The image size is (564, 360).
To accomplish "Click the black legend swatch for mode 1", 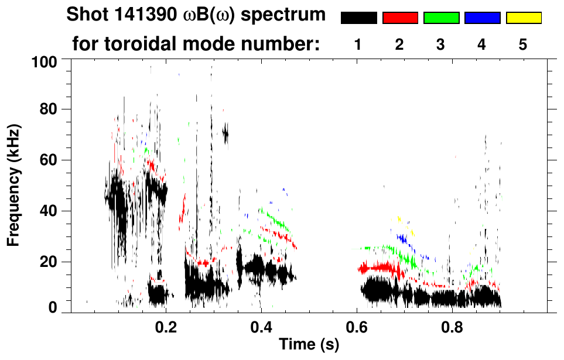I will (x=358, y=18).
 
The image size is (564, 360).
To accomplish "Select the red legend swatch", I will (x=400, y=18).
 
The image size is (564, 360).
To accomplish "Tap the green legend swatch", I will (x=441, y=18).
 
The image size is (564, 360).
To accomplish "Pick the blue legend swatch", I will (x=482, y=18).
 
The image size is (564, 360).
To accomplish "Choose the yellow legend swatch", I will (x=524, y=18).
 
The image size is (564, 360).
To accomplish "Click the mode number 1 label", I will (x=358, y=44).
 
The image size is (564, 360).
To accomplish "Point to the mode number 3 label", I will (x=441, y=44).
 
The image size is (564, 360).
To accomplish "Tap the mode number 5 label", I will (x=523, y=44).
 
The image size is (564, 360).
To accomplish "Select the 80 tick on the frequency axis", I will (x=53, y=110).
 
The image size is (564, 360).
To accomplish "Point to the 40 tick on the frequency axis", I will (x=53, y=211).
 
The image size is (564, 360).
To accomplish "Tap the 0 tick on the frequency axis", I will (x=57, y=307).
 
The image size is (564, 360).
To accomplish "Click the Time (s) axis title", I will (x=309, y=345).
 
